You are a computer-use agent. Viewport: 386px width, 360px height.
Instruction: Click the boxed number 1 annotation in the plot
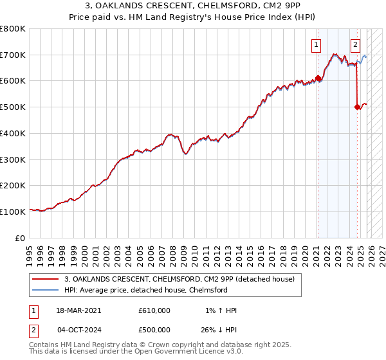[x=317, y=44]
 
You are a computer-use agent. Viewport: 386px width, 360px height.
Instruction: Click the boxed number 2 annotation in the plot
[x=355, y=44]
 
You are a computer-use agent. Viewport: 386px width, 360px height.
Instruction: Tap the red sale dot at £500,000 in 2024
[x=358, y=107]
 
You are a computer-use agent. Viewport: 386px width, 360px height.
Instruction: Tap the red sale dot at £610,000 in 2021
[x=318, y=78]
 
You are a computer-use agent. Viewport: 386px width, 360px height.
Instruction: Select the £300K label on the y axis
[x=13, y=159]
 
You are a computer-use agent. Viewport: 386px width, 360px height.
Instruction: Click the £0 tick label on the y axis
[x=20, y=238]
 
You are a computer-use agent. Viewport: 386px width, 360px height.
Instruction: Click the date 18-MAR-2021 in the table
[x=79, y=310]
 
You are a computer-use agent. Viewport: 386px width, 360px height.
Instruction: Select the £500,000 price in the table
[x=154, y=329]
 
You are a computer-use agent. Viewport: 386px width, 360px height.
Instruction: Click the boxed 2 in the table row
[x=34, y=329]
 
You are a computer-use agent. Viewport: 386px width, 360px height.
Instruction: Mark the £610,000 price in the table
[x=154, y=310]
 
